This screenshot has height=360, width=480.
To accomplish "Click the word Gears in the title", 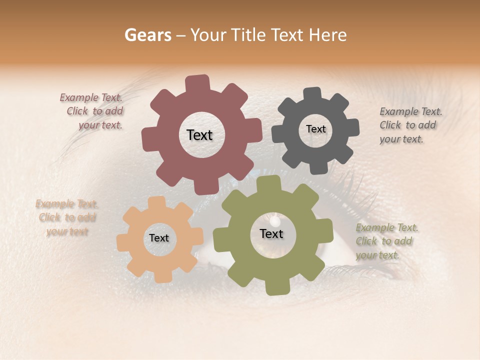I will (x=147, y=35).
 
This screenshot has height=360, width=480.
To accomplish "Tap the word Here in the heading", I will (x=328, y=35).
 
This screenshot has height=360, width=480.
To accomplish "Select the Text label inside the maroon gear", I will (x=199, y=135).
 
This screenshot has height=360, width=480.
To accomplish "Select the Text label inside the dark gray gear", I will (x=315, y=129).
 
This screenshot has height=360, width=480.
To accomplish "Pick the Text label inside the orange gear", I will (x=159, y=238).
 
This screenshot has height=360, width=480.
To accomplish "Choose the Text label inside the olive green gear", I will (x=271, y=234).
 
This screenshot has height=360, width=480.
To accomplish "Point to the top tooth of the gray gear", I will (x=312, y=94).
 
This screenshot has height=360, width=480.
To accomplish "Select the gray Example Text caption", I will (x=409, y=125).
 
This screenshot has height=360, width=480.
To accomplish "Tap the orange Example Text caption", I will (x=66, y=217).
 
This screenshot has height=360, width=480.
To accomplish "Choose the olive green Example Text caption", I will (x=385, y=241).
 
